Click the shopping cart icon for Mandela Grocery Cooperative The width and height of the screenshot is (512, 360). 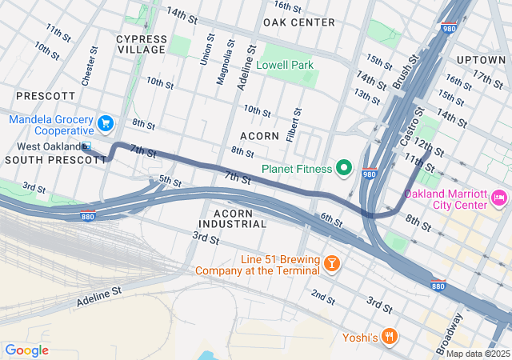pos(105,123)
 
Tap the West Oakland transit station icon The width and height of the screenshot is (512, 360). pos(86,146)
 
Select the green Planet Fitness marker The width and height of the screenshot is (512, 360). pos(344,167)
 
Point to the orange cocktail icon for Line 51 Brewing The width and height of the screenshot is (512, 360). pos(330,262)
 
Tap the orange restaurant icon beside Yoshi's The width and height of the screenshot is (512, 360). pos(390,337)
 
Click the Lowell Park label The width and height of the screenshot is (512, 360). pos(289,65)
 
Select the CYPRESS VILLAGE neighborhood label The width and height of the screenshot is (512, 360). pos(142,44)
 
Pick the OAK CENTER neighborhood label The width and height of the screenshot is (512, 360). pos(298,22)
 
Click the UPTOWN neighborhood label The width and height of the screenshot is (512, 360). pos(482,60)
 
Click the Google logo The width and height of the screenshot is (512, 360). pos(26,350)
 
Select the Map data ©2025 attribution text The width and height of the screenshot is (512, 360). pos(477,354)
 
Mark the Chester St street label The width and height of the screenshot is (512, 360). pos(90,66)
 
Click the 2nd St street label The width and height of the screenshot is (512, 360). pos(323,297)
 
